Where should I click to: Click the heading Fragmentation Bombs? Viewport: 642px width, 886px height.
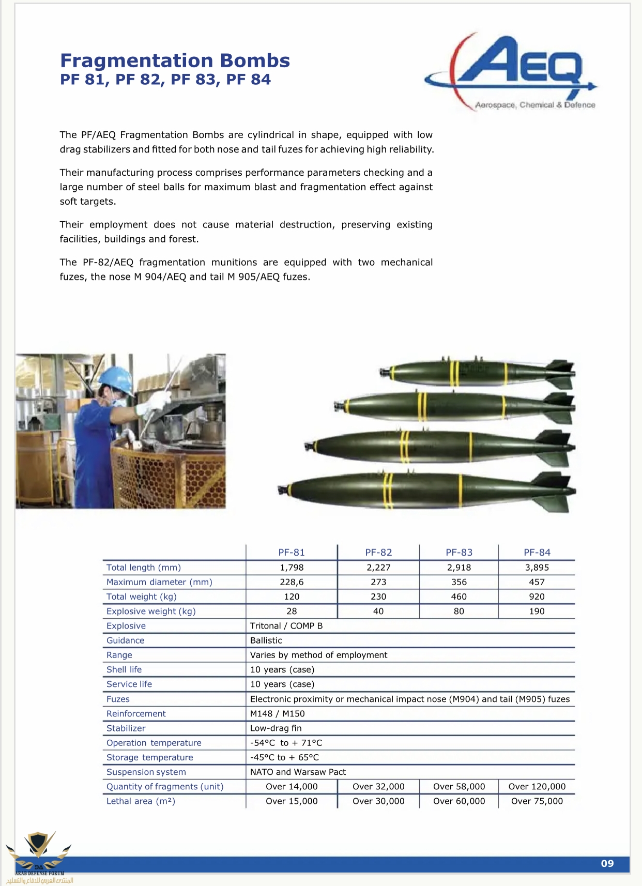tap(175, 60)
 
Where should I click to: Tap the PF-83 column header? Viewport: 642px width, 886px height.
tap(458, 552)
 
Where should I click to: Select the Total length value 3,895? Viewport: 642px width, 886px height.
tap(537, 567)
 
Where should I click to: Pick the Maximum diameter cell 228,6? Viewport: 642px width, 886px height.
tap(292, 582)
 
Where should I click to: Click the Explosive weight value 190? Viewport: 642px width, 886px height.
tap(537, 611)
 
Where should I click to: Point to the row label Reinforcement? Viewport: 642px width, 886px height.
tap(136, 713)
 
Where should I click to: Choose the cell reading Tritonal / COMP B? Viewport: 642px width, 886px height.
tap(286, 625)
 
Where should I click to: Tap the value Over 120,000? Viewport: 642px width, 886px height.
tap(537, 786)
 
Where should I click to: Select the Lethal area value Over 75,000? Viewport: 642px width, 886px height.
tap(537, 801)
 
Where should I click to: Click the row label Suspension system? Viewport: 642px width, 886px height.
tap(146, 772)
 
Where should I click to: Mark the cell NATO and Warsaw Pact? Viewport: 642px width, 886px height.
tap(298, 772)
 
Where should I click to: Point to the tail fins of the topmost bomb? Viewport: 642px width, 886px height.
tap(561, 373)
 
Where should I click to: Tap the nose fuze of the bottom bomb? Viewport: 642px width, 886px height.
tap(282, 489)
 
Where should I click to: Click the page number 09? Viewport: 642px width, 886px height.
tap(607, 863)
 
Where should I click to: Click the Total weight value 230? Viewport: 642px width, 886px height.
tap(378, 596)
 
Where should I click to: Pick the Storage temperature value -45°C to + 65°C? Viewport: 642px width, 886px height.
tap(284, 757)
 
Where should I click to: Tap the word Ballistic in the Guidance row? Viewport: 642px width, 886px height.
tap(266, 640)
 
